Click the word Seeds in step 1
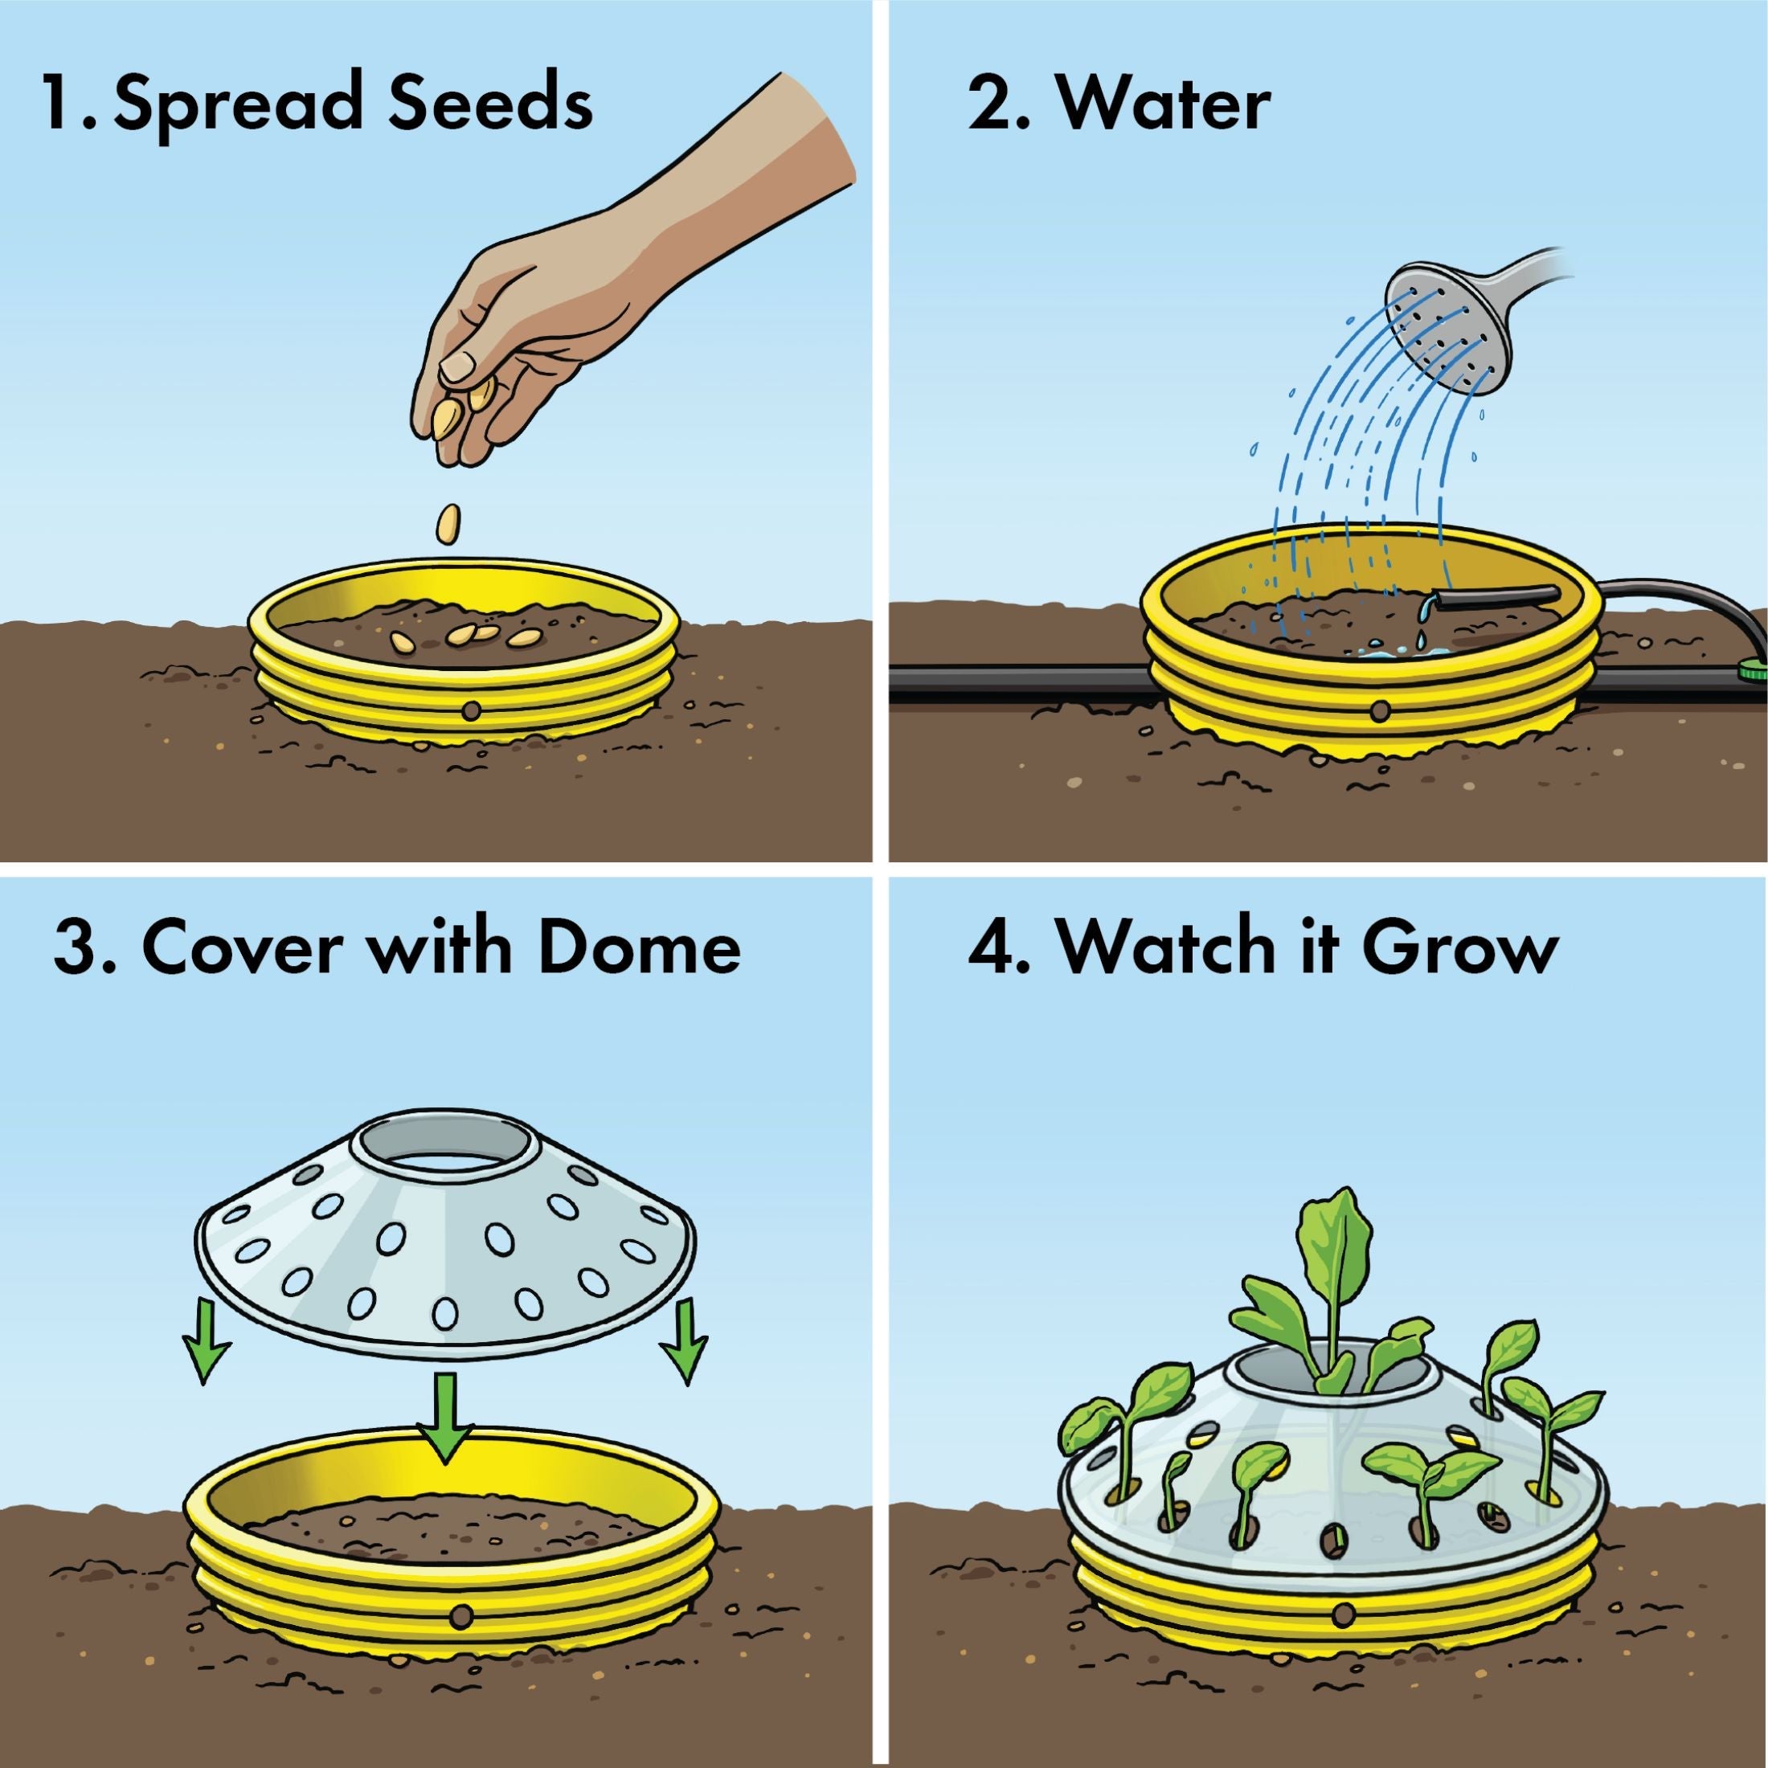[x=489, y=104]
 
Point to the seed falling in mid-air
[x=448, y=526]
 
